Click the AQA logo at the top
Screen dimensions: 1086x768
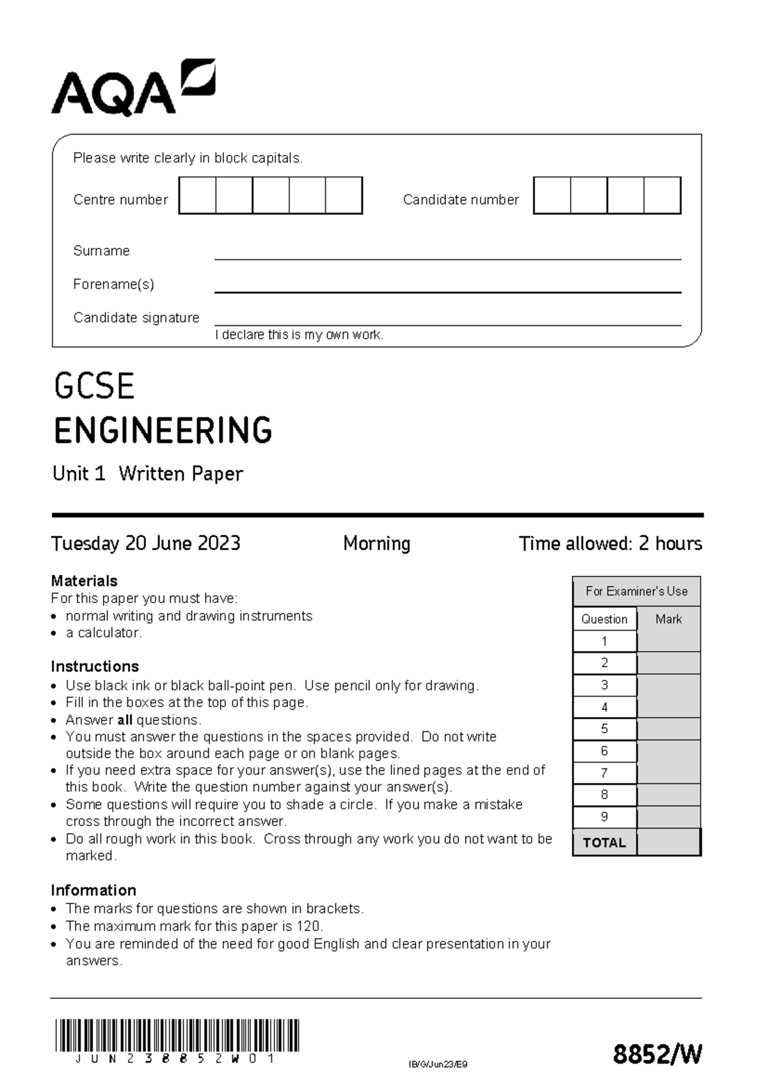pos(132,88)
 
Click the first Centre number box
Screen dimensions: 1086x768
pos(198,196)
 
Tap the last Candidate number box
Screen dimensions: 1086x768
pos(662,196)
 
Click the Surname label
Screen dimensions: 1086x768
pos(101,251)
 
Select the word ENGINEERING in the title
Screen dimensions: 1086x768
pos(163,430)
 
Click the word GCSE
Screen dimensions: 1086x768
pos(94,387)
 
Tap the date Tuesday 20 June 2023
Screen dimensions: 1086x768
pos(146,544)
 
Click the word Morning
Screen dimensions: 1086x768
pos(376,544)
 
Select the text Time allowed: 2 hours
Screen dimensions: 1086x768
pos(610,544)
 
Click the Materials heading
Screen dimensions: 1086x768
pos(84,581)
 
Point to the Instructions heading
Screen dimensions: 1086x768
pos(95,666)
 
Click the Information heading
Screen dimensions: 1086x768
pos(93,890)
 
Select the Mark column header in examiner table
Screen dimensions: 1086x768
pos(668,619)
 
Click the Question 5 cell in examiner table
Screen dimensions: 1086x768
pos(604,729)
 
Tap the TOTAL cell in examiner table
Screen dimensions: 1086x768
pos(604,843)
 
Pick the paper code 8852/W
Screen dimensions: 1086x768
pos(657,1054)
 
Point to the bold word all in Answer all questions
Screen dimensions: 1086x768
pos(125,720)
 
